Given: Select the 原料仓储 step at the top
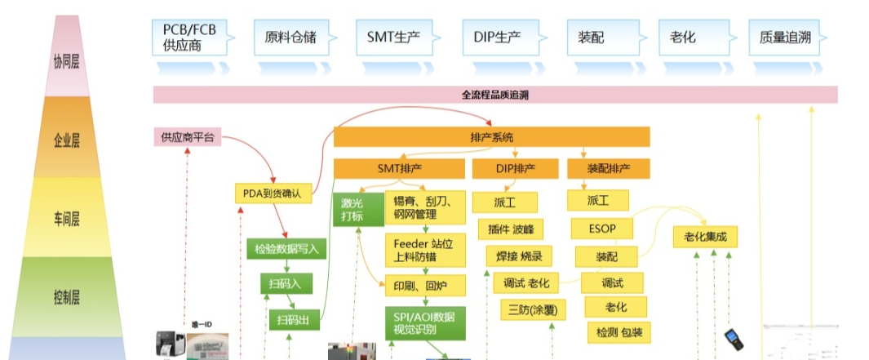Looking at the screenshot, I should click(290, 37).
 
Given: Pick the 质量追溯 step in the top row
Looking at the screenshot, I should click(787, 37).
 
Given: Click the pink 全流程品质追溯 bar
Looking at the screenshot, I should click(495, 95).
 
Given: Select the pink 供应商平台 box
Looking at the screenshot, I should click(187, 136).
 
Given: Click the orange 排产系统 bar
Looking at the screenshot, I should click(491, 136).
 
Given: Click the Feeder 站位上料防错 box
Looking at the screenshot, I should click(424, 249).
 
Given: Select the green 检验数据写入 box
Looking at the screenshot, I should click(286, 248).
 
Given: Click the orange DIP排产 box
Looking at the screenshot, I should click(516, 168).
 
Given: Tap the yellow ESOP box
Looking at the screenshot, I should click(602, 229).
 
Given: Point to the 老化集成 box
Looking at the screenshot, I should click(705, 237).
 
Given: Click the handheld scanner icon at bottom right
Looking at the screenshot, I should click(734, 339).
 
